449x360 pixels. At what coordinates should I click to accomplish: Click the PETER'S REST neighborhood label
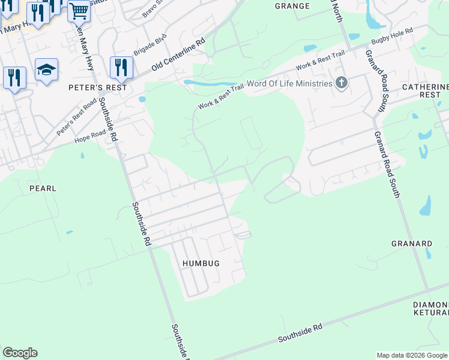click(104, 88)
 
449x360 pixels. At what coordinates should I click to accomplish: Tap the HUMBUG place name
click(201, 263)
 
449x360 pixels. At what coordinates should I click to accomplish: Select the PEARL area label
click(43, 188)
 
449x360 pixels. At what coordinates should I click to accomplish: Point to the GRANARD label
click(412, 244)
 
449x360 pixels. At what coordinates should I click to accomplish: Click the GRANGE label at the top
click(292, 6)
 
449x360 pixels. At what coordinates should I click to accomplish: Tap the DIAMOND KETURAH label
click(431, 308)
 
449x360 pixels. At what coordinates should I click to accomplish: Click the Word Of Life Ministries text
click(289, 83)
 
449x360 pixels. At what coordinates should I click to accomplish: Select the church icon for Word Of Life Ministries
click(342, 83)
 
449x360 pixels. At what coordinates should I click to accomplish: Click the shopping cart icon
click(79, 10)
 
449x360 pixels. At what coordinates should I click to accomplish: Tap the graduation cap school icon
click(46, 70)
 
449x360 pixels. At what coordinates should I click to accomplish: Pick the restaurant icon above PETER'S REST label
click(121, 67)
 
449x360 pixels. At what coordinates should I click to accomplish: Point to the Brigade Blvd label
click(149, 45)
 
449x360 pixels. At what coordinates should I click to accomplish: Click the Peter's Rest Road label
click(76, 117)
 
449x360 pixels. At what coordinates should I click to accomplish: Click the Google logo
click(20, 353)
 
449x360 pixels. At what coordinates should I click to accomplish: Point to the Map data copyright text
click(412, 355)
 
